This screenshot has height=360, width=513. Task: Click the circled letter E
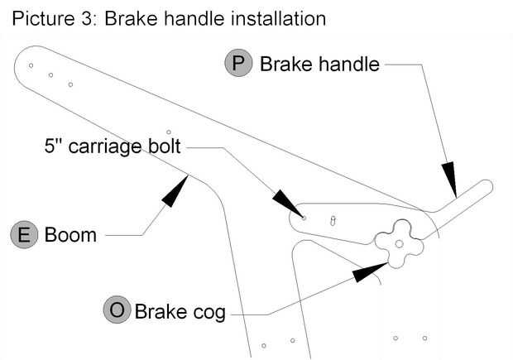pyautogui.click(x=25, y=235)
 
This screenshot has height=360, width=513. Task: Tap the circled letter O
pyautogui.click(x=117, y=311)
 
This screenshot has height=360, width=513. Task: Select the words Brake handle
pyautogui.click(x=319, y=65)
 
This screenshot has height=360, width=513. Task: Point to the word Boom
pyautogui.click(x=70, y=235)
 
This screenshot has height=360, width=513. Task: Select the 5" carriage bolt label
pyautogui.click(x=113, y=149)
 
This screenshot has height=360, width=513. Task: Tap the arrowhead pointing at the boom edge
pyautogui.click(x=176, y=190)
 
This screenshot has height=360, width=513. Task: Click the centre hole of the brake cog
pyautogui.click(x=399, y=243)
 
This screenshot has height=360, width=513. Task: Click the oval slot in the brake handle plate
pyautogui.click(x=333, y=221)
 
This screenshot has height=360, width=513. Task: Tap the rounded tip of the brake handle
pyautogui.click(x=487, y=185)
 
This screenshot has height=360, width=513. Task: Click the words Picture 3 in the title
pyautogui.click(x=50, y=17)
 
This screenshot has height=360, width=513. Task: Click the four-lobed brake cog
pyautogui.click(x=399, y=242)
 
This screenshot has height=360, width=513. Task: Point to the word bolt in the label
pyautogui.click(x=164, y=149)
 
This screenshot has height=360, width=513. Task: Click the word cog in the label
pyautogui.click(x=207, y=313)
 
